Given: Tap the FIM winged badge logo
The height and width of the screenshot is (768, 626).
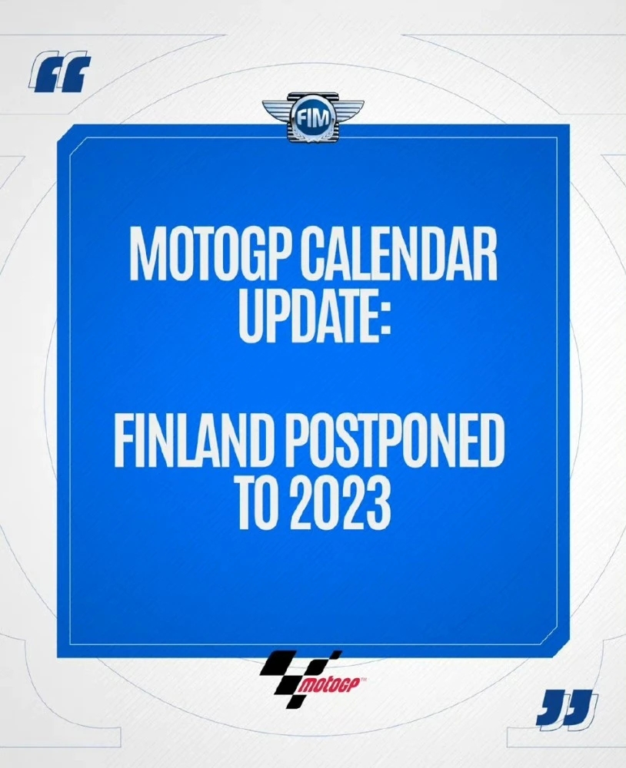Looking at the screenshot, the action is pos(314,119).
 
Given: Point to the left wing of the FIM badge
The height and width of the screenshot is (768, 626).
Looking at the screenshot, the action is pos(277,110).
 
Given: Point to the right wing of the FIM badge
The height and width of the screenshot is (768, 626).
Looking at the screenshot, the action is pos(350,110).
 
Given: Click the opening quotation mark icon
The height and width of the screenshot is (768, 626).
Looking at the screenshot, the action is pos(60,74).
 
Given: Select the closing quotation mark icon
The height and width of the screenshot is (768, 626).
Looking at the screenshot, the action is pos(568,709).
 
